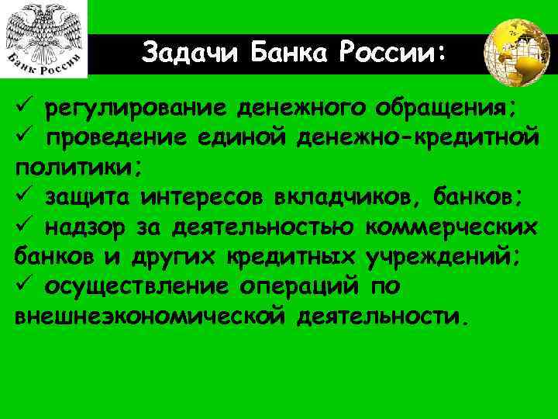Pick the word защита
tap(88, 197)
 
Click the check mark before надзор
tap(21, 227)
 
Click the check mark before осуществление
tap(21, 287)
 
